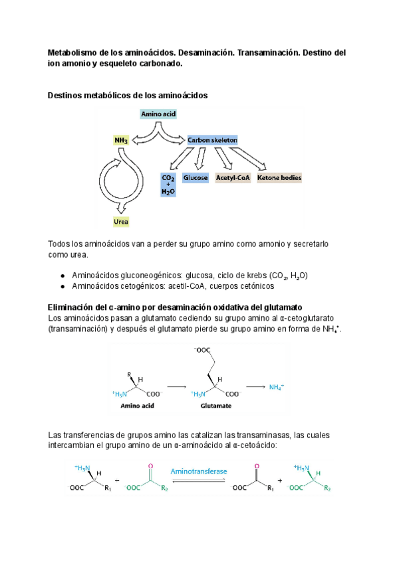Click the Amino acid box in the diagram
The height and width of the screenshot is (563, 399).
point(158,114)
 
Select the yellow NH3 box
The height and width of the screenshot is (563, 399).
point(122,140)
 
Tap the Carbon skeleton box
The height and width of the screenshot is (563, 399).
point(212,140)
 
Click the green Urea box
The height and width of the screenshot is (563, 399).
point(121,222)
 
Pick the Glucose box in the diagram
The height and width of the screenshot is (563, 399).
point(196,178)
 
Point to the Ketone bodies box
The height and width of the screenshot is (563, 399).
point(279,178)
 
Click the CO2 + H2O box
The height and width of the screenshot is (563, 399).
point(168,185)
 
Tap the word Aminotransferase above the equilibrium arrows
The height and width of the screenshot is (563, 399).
point(199,471)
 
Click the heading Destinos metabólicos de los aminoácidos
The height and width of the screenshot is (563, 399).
point(128,96)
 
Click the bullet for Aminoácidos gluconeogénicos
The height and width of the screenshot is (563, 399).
point(62,276)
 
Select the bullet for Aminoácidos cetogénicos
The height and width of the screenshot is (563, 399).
point(62,286)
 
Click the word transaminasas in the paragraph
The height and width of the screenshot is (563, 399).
point(251,435)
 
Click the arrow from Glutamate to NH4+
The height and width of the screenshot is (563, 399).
point(256,386)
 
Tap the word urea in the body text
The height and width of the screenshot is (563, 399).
point(78,255)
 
